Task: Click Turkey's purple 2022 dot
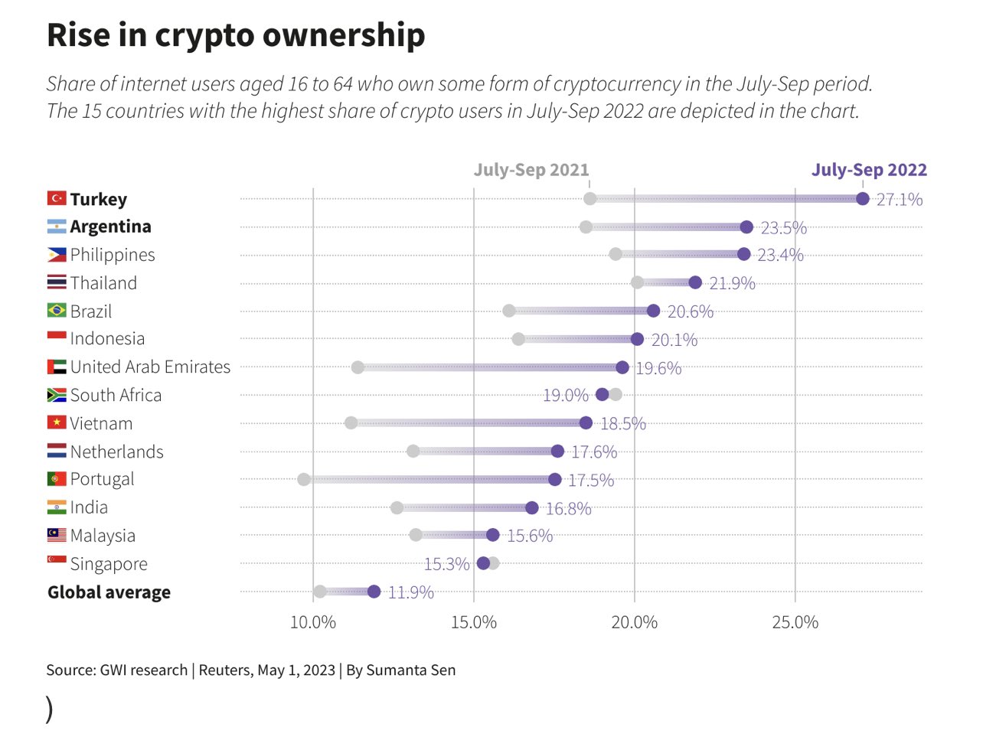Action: pos(863,199)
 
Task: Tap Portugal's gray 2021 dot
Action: pos(304,480)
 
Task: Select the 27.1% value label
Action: pos(900,200)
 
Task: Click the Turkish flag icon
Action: pos(57,198)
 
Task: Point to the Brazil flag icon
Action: pos(57,311)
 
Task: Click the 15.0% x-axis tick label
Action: pos(474,622)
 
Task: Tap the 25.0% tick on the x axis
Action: pos(795,622)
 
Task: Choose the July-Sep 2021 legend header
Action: pos(531,170)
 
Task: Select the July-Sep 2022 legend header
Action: pos(869,170)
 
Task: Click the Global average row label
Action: pos(109,592)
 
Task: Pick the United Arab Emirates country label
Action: pos(150,367)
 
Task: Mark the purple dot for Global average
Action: pos(374,592)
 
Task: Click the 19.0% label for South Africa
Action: pos(566,396)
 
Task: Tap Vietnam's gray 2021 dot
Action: pos(351,423)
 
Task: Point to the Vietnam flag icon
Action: pos(57,422)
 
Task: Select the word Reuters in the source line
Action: pos(224,670)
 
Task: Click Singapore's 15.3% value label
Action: pos(446,564)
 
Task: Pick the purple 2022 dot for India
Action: pos(532,508)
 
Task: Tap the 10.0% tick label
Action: pos(313,622)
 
